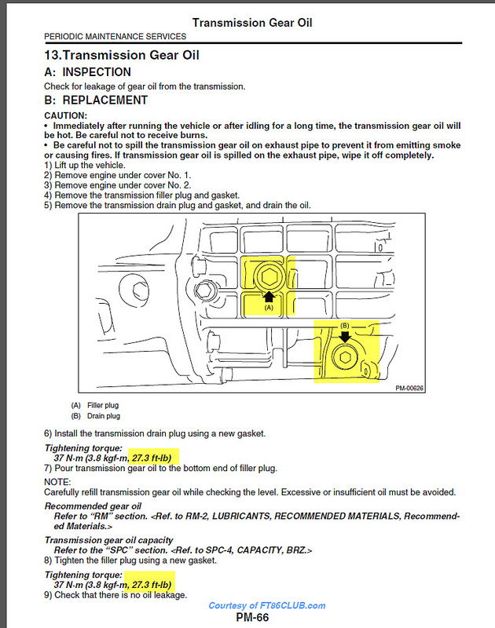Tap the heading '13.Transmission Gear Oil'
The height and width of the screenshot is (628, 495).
122,55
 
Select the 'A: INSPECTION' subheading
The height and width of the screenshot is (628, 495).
88,71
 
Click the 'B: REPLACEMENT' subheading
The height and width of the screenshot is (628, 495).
96,100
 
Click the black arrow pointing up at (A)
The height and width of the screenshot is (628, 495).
269,296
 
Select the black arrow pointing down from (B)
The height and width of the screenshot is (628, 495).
344,336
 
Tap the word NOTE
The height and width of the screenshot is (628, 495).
57,481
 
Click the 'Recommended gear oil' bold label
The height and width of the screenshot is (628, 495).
93,506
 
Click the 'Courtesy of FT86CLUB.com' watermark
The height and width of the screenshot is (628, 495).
267,605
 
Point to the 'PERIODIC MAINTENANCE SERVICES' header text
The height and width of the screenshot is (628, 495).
115,36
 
